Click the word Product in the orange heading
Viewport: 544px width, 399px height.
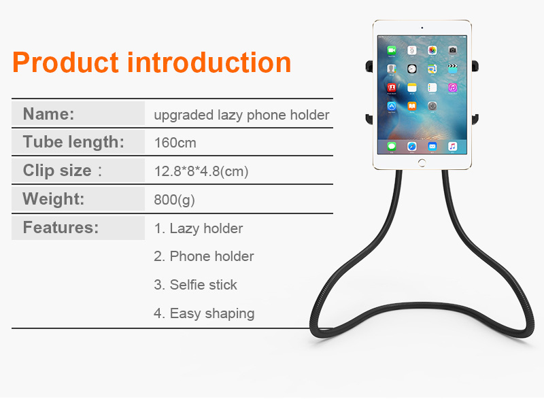(66, 63)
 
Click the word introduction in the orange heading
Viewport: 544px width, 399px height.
(209, 62)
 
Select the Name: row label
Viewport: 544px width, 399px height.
(48, 114)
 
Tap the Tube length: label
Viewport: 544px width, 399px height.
(73, 142)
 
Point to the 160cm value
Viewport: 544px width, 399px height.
(175, 143)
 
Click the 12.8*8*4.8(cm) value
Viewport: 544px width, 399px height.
(201, 171)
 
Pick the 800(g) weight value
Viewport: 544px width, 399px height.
(174, 200)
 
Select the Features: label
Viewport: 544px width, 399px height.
(61, 228)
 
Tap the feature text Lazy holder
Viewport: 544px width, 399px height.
(206, 229)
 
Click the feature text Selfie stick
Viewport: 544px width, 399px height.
(203, 285)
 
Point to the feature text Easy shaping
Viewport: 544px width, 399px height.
(212, 314)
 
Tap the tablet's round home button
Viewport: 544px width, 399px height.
(422, 162)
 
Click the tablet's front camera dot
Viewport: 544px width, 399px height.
(422, 28)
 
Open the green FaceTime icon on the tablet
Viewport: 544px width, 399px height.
(392, 50)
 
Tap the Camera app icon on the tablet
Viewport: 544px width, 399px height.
(452, 50)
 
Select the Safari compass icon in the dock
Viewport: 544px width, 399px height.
(412, 146)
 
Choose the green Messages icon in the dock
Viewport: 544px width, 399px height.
(392, 146)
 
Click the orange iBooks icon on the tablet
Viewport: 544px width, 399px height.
(412, 106)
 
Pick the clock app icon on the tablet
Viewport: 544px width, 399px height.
(412, 69)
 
